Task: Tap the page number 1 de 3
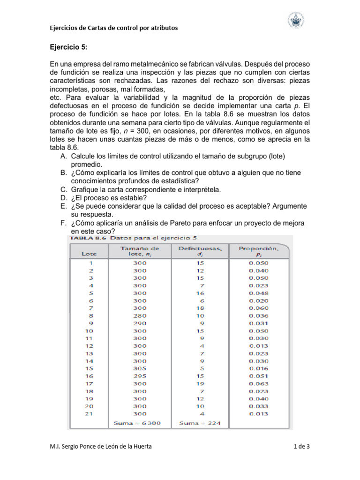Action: click(301, 447)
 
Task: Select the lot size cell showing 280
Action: click(140, 315)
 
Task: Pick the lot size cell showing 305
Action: click(140, 368)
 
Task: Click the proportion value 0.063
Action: click(259, 383)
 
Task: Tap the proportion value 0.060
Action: click(259, 308)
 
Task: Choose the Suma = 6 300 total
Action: click(137, 423)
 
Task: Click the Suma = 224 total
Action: click(197, 423)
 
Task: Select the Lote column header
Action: click(90, 254)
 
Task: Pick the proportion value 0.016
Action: click(259, 368)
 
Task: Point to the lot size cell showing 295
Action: click(140, 376)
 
